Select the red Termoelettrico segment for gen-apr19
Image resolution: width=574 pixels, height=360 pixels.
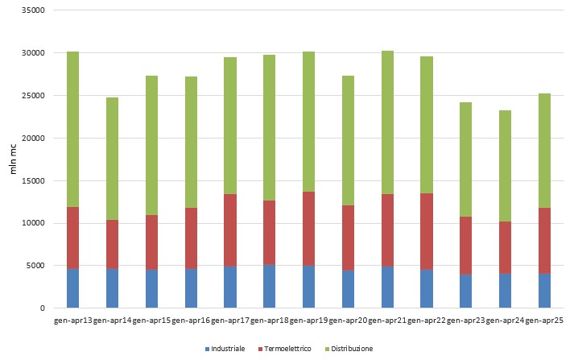(x=308, y=229)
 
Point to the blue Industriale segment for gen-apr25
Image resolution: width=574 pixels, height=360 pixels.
(x=545, y=291)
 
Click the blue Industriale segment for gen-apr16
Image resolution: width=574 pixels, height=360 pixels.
(x=191, y=288)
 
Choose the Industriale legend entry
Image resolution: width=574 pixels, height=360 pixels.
(x=227, y=349)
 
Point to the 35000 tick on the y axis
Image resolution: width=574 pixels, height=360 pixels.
(x=32, y=11)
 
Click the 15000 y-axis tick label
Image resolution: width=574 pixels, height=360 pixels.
(x=32, y=180)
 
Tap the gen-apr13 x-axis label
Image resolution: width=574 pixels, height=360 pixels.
(x=72, y=321)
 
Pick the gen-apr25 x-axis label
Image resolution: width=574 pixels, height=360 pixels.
(x=545, y=321)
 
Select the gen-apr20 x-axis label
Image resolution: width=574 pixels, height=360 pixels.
(x=348, y=321)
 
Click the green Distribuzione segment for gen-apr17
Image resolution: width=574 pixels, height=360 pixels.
(x=229, y=126)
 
